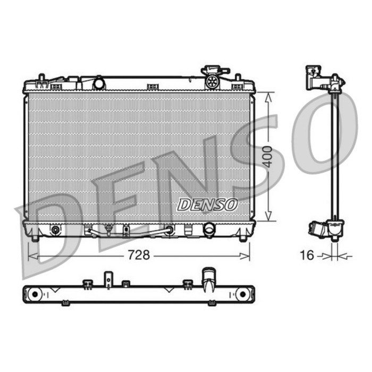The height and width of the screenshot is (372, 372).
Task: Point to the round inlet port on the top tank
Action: coord(99,83)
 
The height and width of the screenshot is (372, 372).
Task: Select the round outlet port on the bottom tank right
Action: coord(209,229)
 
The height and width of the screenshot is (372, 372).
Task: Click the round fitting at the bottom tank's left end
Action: coord(55,230)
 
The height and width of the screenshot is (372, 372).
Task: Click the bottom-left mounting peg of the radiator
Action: coord(35,238)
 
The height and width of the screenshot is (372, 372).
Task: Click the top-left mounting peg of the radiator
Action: coord(40,79)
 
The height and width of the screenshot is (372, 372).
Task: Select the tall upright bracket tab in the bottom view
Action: coord(108,280)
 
